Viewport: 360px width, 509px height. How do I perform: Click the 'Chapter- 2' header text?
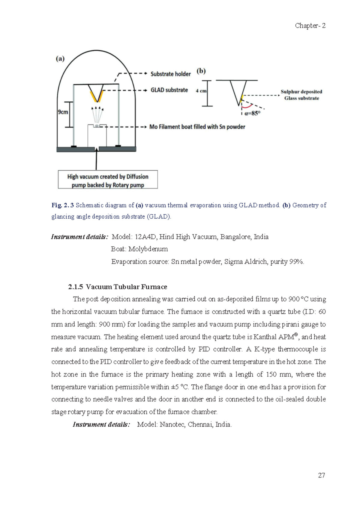(310, 26)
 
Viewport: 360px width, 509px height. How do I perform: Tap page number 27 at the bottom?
(321, 475)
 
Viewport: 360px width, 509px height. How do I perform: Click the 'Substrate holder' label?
(170, 74)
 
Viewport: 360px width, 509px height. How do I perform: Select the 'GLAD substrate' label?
(169, 90)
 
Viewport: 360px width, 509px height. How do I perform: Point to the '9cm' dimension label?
(63, 112)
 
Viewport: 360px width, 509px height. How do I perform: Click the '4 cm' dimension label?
(201, 91)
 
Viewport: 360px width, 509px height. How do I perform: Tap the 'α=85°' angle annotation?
(252, 113)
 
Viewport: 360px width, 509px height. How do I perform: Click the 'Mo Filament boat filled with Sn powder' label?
(197, 127)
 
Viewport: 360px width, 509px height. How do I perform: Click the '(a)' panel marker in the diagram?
(60, 59)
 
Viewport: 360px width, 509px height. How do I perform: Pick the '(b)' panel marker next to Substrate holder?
(201, 71)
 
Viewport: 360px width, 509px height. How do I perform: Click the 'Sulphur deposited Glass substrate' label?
(301, 95)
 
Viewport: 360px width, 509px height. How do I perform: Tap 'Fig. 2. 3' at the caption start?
(62, 205)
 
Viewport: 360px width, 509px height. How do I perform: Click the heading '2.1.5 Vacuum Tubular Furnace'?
(118, 287)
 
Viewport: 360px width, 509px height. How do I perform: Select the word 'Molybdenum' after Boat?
(148, 249)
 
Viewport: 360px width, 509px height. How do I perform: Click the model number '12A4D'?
(145, 237)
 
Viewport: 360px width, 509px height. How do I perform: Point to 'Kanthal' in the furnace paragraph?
(265, 337)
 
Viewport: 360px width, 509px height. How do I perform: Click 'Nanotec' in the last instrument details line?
(172, 424)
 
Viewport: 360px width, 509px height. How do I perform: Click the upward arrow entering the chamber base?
(96, 159)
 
